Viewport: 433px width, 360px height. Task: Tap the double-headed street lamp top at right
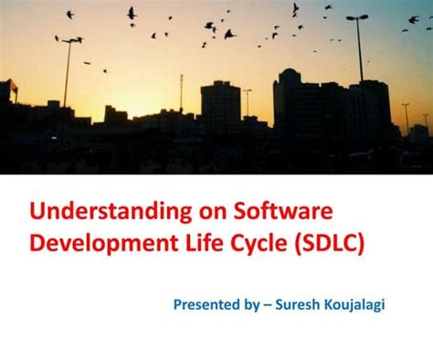(x=356, y=17)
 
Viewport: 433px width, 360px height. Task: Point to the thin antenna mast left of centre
(x=181, y=91)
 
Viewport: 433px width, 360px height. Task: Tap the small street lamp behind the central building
(x=247, y=91)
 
